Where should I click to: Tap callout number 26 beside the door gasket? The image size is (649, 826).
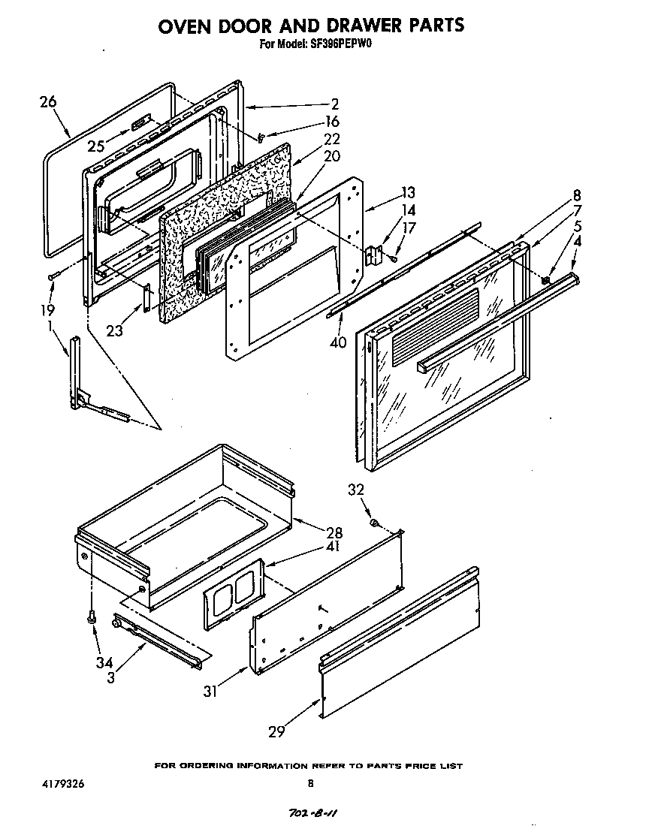(47, 102)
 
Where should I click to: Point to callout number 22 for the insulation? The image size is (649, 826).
(331, 139)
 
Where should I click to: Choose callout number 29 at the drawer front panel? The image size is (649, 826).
(278, 729)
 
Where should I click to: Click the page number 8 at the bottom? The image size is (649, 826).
(310, 783)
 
